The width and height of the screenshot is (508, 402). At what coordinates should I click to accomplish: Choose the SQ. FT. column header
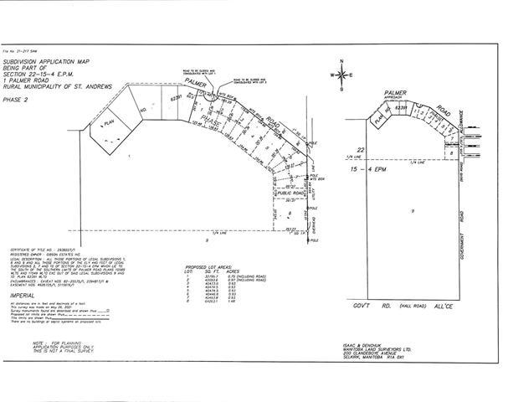210,271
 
